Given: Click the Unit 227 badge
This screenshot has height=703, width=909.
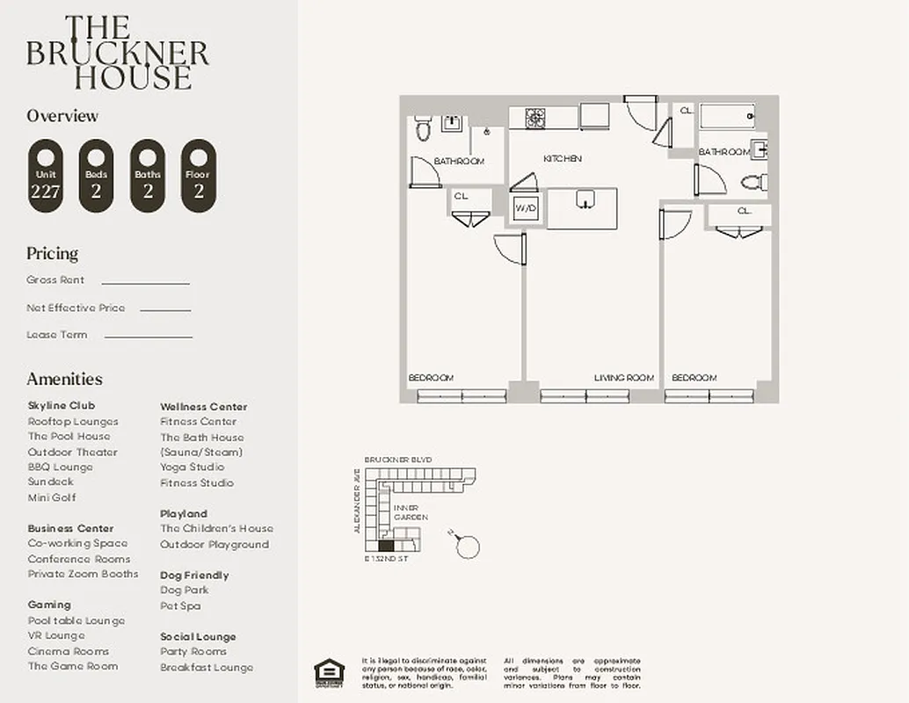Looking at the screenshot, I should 45,176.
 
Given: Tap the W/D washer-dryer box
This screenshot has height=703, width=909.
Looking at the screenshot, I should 526,208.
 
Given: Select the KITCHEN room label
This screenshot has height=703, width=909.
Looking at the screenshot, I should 563,159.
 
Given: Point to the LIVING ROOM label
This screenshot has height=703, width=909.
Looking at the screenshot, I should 623,378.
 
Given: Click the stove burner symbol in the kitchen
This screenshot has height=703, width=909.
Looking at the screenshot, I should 534,116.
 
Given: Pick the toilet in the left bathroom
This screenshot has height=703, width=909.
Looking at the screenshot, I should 423,130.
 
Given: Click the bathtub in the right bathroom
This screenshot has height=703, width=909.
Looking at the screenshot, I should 726,115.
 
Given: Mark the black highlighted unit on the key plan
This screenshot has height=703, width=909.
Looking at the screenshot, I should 385,545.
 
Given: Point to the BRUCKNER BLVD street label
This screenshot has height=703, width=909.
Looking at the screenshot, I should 397,460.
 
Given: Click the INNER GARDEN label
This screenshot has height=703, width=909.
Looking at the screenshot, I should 410,512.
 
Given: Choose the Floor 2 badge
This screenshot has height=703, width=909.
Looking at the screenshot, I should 198,176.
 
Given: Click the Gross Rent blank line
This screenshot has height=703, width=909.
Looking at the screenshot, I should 145,283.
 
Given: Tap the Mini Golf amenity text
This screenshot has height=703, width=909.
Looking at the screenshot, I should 52,497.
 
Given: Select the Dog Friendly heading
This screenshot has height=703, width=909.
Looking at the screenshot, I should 194,575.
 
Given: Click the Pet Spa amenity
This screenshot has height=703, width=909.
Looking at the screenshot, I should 180,605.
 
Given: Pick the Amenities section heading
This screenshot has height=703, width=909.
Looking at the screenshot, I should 64,379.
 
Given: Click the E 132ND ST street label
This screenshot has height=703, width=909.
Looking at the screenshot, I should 386,558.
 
